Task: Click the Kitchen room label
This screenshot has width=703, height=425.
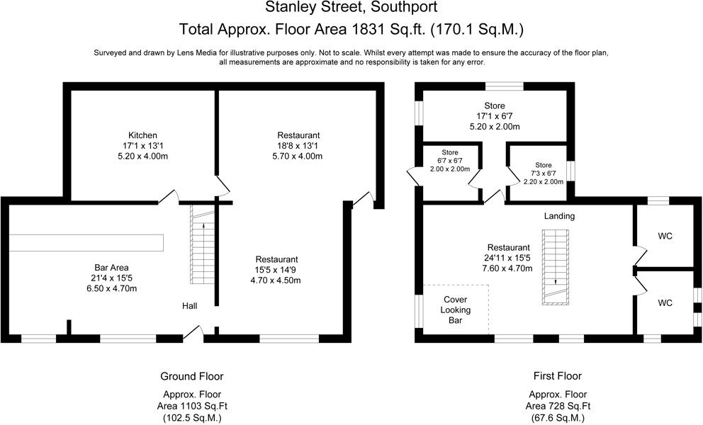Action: pyautogui.click(x=142, y=135)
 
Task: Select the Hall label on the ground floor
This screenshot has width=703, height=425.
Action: pyautogui.click(x=189, y=306)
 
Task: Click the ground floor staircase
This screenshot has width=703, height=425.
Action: pyautogui.click(x=202, y=244)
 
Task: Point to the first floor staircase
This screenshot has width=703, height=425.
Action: pyautogui.click(x=554, y=268)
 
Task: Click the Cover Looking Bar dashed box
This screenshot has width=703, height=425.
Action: pyautogui.click(x=456, y=310)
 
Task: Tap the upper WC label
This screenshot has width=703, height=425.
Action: pyautogui.click(x=665, y=236)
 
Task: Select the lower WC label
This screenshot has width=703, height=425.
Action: pyautogui.click(x=665, y=303)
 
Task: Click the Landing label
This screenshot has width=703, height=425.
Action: pyautogui.click(x=559, y=216)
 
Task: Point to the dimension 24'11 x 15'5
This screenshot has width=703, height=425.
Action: pyautogui.click(x=507, y=259)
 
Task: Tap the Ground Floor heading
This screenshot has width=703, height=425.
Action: pyautogui.click(x=192, y=376)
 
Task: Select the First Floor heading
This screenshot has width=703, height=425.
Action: pyautogui.click(x=557, y=376)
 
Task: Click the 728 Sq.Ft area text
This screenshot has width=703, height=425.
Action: pyautogui.click(x=557, y=407)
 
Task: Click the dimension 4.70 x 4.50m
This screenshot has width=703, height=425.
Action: pyautogui.click(x=276, y=280)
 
